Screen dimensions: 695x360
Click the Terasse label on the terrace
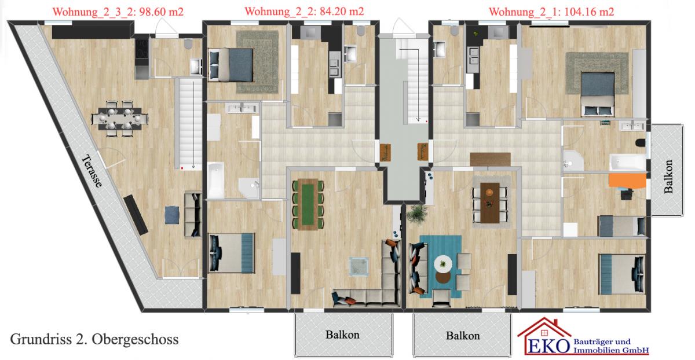click(92, 171)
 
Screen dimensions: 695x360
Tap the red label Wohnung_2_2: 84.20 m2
click(304, 12)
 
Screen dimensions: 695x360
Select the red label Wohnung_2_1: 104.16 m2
click(551, 12)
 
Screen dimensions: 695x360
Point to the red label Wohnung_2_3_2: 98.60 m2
click(118, 12)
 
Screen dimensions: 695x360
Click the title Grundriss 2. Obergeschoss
click(94, 339)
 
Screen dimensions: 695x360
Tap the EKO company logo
click(583, 336)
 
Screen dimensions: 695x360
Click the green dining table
click(308, 204)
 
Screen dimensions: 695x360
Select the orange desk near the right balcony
click(627, 181)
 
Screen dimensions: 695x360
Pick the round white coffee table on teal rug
click(442, 264)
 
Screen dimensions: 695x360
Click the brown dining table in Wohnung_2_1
click(490, 203)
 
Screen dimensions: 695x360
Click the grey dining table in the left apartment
click(119, 118)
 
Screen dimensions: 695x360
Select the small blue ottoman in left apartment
click(172, 215)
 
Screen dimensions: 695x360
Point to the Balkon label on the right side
click(668, 177)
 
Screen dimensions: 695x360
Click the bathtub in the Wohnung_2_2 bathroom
click(215, 180)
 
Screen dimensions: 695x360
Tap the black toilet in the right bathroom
click(640, 143)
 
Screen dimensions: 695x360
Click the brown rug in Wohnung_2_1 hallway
click(490, 159)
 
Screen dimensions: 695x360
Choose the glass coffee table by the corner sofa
click(359, 266)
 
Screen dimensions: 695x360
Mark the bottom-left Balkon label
click(342, 335)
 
